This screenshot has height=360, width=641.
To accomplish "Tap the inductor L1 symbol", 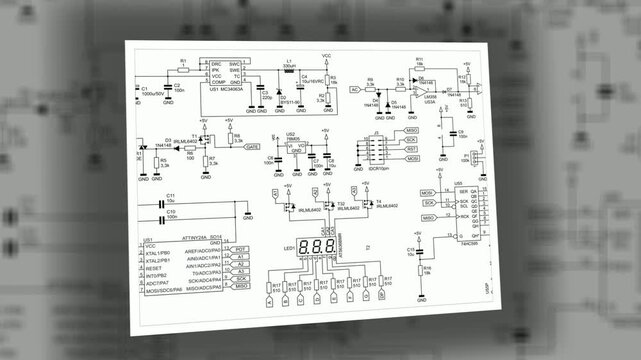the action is pos(290,71).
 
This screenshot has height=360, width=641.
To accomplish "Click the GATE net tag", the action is pos(252,146).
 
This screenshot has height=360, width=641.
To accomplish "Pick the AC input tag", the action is pos(355,90).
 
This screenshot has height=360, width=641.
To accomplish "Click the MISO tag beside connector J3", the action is pos(410,131).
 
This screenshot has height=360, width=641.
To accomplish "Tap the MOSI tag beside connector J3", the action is pos(411,159).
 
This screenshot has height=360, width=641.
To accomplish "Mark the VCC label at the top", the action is pos(326,56).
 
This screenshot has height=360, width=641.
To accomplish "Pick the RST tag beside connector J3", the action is pos(411,149).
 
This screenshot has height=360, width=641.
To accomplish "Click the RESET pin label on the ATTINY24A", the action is pos(153,268).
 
